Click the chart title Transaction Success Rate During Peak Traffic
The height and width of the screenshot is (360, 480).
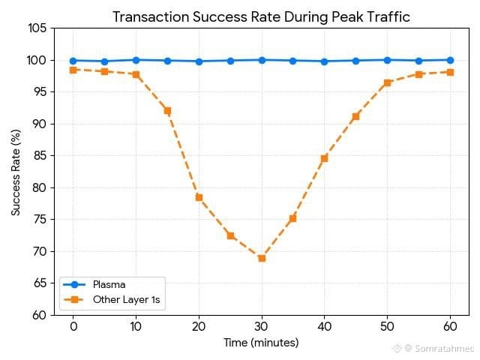click(x=261, y=17)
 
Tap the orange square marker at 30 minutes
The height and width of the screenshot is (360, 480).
click(x=262, y=258)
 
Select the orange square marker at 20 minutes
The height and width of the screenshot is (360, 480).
click(x=199, y=197)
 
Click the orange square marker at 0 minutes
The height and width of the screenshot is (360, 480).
click(x=73, y=70)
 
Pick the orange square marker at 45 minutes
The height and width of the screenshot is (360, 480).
click(x=355, y=116)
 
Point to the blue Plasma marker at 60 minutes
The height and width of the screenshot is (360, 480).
click(x=450, y=60)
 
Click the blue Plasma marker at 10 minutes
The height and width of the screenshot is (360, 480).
click(x=136, y=60)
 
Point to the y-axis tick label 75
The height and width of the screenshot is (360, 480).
click(x=40, y=220)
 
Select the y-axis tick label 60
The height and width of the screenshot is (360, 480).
click(x=40, y=315)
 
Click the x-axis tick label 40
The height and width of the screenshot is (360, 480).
click(x=324, y=328)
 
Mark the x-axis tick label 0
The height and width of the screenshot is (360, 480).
click(x=73, y=328)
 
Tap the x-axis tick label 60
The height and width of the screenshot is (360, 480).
click(x=450, y=328)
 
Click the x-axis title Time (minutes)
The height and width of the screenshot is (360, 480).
click(x=261, y=343)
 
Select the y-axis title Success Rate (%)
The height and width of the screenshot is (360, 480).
click(x=16, y=172)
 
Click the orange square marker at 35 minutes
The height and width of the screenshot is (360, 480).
click(x=292, y=218)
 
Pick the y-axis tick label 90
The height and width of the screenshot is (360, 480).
click(x=40, y=124)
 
